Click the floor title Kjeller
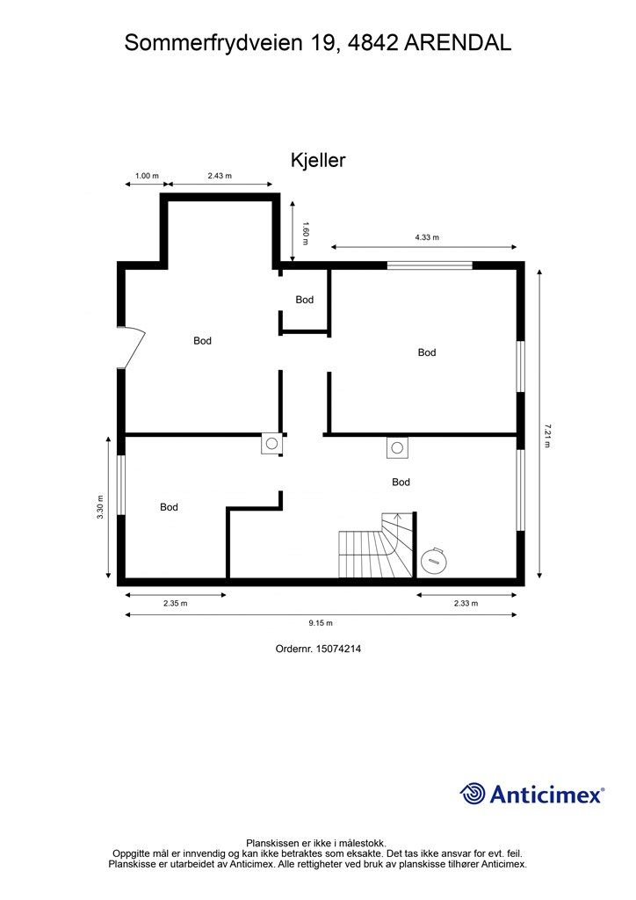coord(318,160)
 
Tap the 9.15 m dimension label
coord(321,623)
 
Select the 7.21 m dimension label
coord(546,435)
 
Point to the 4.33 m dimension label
coord(427,237)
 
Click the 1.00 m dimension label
coord(146,176)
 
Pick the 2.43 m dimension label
coord(220,176)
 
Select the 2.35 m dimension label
coord(175,603)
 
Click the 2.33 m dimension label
coord(466,603)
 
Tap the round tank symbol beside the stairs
coord(433,561)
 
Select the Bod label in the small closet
coord(305,300)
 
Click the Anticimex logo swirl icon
coord(473,794)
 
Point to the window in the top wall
coord(430,265)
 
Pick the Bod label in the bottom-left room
coord(169,507)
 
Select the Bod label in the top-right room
coord(427,352)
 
